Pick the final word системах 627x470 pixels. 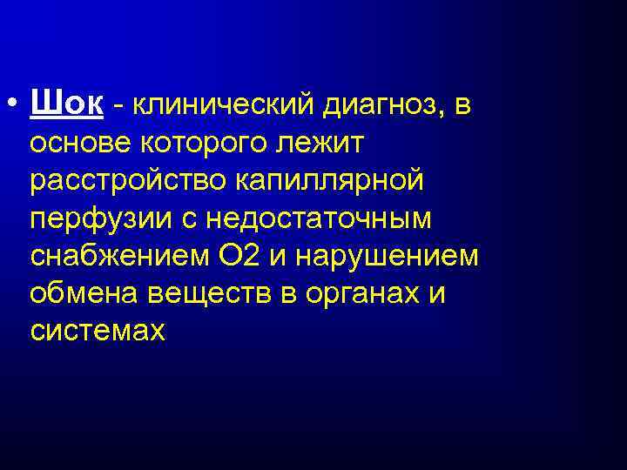[98, 331]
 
